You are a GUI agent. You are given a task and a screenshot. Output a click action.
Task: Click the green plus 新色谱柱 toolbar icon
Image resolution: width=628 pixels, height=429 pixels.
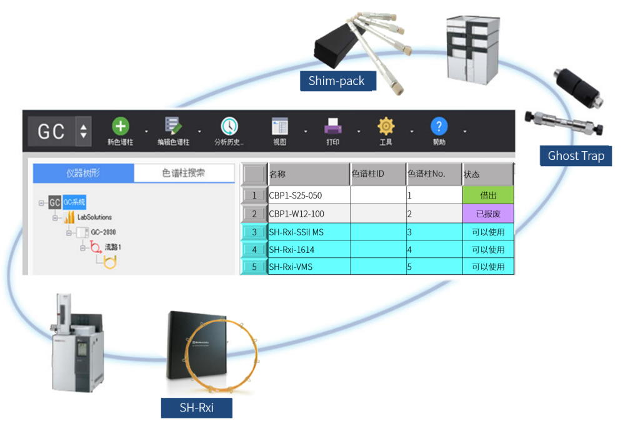tap(120, 127)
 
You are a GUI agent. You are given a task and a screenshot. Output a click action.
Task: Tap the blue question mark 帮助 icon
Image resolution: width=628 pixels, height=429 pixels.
tap(439, 127)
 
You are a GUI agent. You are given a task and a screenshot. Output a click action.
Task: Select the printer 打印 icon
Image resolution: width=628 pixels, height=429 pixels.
tap(333, 127)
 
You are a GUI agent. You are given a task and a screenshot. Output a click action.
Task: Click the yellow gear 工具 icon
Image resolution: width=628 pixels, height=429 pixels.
tap(386, 127)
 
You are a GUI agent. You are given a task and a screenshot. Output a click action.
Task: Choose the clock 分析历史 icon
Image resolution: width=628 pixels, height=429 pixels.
tap(229, 127)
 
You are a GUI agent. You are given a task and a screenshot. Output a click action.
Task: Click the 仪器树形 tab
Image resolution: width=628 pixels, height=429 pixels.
tap(83, 173)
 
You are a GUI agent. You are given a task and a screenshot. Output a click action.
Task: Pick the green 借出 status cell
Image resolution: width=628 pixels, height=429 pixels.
tap(488, 195)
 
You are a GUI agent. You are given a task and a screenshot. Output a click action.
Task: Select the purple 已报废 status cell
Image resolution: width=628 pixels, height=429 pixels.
tap(488, 214)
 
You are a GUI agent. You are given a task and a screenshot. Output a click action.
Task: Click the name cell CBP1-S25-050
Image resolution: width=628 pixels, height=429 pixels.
tap(309, 195)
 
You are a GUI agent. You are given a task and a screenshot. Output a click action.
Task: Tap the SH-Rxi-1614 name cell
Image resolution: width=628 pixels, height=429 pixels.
tap(309, 250)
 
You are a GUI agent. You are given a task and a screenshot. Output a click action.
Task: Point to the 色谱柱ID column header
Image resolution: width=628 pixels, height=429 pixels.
tap(377, 174)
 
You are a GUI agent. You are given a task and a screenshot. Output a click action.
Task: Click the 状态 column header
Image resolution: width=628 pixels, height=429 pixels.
tap(487, 174)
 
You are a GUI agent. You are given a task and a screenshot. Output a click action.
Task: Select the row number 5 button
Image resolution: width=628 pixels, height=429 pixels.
tap(254, 267)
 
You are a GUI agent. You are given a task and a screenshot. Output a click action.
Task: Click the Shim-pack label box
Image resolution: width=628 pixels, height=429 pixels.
tap(337, 81)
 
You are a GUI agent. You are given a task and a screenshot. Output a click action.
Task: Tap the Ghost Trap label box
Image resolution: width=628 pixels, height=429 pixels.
tap(576, 155)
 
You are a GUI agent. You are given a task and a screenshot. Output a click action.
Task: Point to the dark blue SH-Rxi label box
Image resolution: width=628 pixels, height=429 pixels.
tap(196, 408)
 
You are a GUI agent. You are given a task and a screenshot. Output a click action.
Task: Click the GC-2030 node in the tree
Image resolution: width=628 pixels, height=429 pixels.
tap(103, 232)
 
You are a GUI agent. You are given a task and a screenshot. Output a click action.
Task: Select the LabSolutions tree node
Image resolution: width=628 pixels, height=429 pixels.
tap(94, 217)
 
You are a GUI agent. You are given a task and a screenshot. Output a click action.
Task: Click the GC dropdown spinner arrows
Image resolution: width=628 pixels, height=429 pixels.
tap(83, 131)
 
